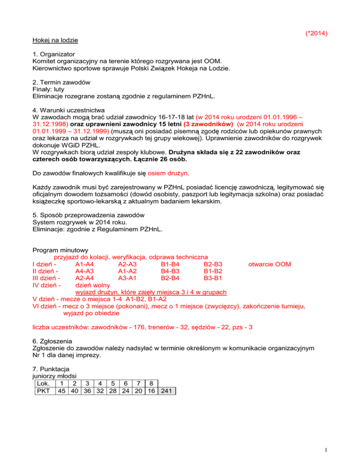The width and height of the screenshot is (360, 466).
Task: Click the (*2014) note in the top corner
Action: tap(315, 33)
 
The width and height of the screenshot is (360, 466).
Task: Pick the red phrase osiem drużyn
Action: tap(167, 173)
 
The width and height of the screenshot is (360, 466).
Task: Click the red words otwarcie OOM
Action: tap(269, 264)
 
